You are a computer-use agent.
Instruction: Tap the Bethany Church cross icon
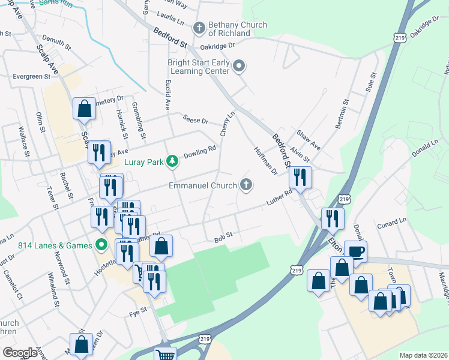(199, 28)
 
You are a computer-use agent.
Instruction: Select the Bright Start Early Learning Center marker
(240, 66)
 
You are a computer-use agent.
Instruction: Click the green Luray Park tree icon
(172, 161)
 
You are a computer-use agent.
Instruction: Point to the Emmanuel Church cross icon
(246, 185)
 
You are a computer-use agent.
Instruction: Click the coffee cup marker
(355, 251)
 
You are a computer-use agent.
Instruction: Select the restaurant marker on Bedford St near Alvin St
(300, 177)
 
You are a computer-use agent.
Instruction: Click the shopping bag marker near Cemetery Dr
(85, 109)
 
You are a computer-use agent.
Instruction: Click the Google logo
(20, 353)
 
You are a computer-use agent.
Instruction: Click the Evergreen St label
(31, 77)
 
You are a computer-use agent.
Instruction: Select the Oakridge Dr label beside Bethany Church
(218, 46)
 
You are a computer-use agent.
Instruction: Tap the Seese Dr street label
(196, 121)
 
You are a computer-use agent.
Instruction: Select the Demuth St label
(58, 44)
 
